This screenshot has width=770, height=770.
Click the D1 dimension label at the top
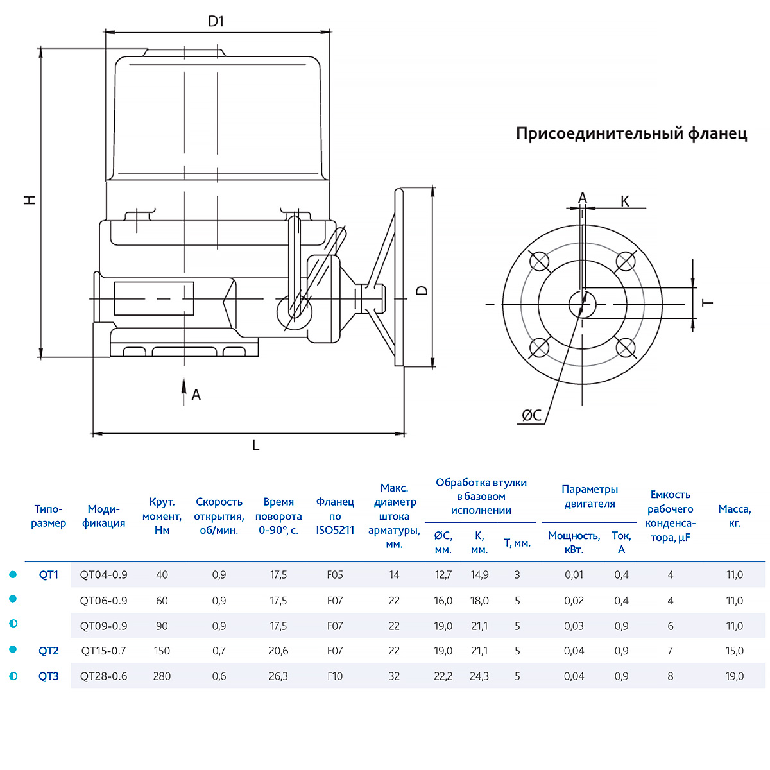216,21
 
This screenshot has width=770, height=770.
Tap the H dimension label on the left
30,200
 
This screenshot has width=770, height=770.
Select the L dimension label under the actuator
255,445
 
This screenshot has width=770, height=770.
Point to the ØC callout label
531,416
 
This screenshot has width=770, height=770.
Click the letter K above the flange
624,201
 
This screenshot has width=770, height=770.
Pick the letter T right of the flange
708,302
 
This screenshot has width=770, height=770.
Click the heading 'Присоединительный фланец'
631,133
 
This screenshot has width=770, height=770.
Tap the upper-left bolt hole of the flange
540,261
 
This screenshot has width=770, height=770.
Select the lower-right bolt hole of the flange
626,347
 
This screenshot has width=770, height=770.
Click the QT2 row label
49,651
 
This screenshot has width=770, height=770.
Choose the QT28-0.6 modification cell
104,676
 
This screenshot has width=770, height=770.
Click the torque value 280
162,676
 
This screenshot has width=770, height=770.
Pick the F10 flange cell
335,676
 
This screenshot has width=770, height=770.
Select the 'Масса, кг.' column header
735,516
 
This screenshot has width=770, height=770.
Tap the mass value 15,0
735,651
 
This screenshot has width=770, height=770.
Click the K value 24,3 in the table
479,676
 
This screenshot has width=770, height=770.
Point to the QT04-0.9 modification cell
104,575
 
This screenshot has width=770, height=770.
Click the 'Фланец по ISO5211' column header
335,516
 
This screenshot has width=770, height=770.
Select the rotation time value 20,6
278,651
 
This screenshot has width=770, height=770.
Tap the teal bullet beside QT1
13,574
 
